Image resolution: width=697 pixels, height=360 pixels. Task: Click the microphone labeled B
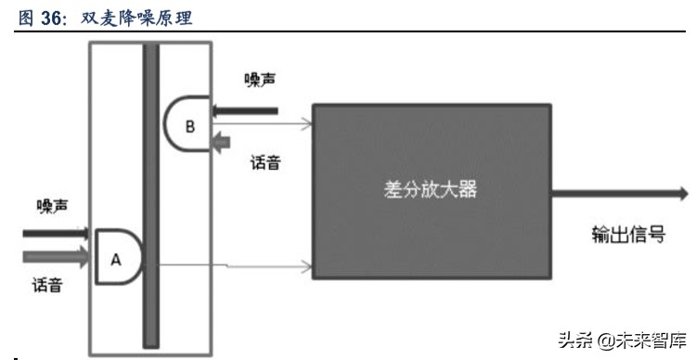[x=187, y=127]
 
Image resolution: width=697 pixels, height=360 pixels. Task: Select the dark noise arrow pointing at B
[x=246, y=111]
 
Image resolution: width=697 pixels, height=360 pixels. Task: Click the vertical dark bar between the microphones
[x=150, y=195]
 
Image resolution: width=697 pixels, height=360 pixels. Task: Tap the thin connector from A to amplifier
[x=227, y=267]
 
